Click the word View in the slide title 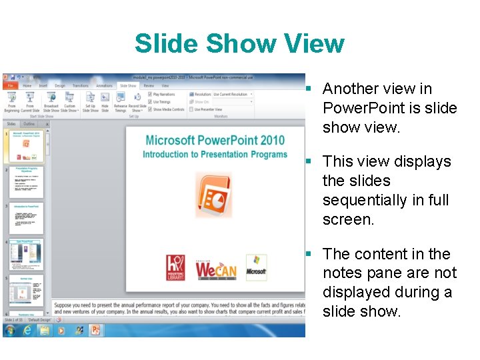(x=314, y=44)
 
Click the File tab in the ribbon (x=10, y=86)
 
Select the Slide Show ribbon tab (x=127, y=86)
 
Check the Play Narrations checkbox (x=150, y=95)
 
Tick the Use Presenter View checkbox (x=191, y=109)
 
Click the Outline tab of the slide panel (x=29, y=124)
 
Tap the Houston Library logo (x=175, y=267)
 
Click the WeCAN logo (x=215, y=269)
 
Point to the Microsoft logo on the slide (x=256, y=267)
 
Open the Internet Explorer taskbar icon (x=28, y=330)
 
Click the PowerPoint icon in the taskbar (x=95, y=330)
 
